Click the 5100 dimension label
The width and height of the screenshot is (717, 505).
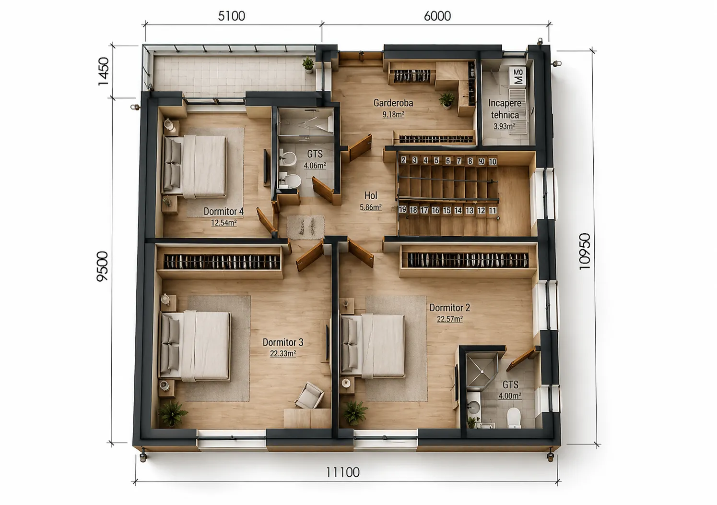pos(232,16)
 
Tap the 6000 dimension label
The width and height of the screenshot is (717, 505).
pos(437,16)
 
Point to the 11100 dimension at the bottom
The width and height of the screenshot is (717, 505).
pos(343,472)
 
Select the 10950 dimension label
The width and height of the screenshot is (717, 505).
pos(585,251)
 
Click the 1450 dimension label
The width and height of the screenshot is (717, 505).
pos(104,72)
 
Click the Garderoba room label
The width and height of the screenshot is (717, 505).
pos(393,103)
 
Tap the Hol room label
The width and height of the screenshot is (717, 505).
pos(371,195)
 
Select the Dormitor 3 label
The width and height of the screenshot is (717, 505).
pos(283,342)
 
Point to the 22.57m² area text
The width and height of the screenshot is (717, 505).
pos(450,319)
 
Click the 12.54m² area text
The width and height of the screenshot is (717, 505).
pos(224,222)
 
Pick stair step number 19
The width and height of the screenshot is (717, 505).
pos(402,210)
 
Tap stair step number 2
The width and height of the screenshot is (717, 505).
pos(403,159)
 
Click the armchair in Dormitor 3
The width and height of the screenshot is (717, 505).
pos(309,395)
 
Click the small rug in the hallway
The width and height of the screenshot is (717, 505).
pos(306,227)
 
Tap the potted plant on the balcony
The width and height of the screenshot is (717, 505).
pos(308,65)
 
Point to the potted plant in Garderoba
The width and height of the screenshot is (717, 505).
pos(447,101)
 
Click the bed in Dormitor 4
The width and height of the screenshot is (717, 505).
pos(195,166)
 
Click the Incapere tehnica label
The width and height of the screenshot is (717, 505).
pos(505,109)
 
